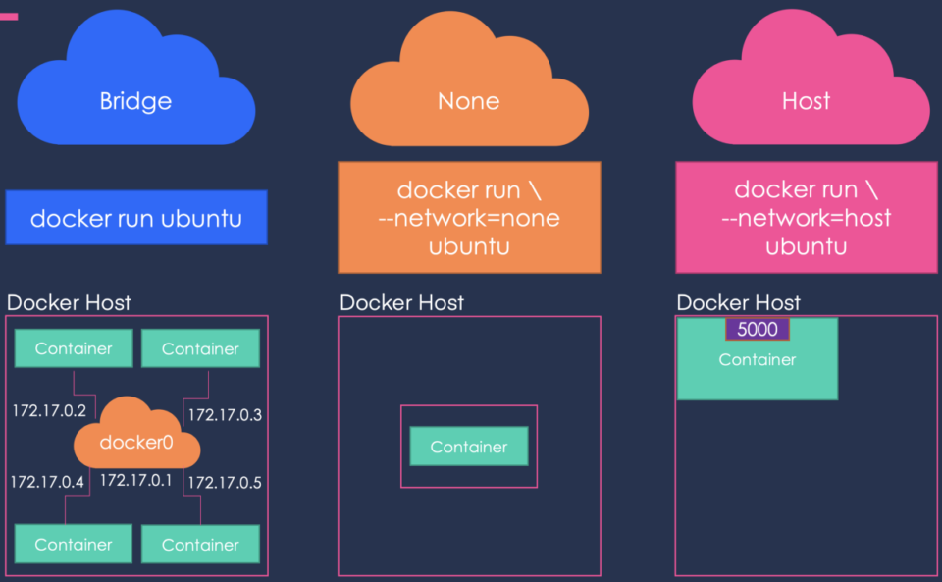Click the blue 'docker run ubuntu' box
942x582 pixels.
pyautogui.click(x=135, y=217)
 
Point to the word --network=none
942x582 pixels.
pyautogui.click(x=468, y=217)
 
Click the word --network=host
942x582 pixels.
pyautogui.click(x=806, y=217)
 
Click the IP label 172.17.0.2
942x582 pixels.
pyautogui.click(x=49, y=410)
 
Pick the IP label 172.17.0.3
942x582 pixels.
pyautogui.click(x=225, y=414)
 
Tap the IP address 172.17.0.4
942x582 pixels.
pyautogui.click(x=47, y=482)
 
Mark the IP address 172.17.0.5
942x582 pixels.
pyautogui.click(x=225, y=482)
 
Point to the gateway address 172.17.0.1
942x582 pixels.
pyautogui.click(x=136, y=480)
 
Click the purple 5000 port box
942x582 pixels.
pyautogui.click(x=757, y=330)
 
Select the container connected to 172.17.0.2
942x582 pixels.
pyautogui.click(x=74, y=348)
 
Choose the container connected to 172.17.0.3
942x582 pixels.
pyautogui.click(x=200, y=348)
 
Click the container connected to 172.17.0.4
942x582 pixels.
pyautogui.click(x=74, y=544)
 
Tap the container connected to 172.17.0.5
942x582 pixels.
pyautogui.click(x=200, y=544)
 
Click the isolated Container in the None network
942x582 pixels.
pyautogui.click(x=468, y=447)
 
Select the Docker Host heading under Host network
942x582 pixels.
pyautogui.click(x=738, y=302)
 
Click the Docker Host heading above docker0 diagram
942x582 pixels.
pyautogui.click(x=69, y=302)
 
